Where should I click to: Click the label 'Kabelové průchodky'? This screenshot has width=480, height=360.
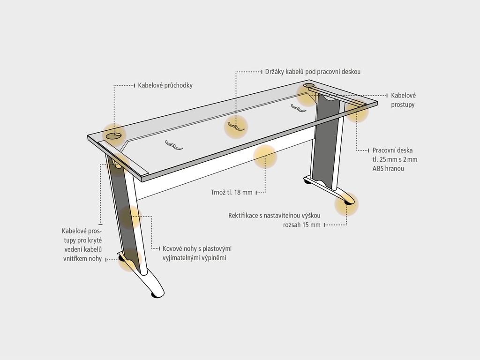click(x=165, y=85)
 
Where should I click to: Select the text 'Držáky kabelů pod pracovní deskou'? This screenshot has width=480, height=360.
click(x=313, y=72)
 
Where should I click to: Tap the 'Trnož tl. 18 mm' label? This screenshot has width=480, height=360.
click(x=232, y=192)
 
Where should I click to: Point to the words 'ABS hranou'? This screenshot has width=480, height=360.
click(x=388, y=169)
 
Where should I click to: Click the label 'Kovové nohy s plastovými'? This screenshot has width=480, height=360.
click(x=197, y=248)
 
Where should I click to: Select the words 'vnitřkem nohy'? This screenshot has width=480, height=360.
click(x=82, y=258)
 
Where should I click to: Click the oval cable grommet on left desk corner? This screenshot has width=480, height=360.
click(x=113, y=135)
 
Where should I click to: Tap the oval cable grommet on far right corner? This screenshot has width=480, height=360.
click(x=308, y=85)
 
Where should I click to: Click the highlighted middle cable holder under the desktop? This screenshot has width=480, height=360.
click(x=236, y=126)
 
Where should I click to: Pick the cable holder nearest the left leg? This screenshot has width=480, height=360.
click(x=174, y=145)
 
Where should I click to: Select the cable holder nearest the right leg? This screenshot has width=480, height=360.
click(x=299, y=108)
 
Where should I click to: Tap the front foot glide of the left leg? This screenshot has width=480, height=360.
click(x=157, y=295)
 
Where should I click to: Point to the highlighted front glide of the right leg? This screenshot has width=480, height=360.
click(x=348, y=202)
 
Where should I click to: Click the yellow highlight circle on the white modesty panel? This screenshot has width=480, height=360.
click(x=265, y=157)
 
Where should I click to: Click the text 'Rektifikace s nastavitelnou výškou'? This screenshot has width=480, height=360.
click(x=274, y=216)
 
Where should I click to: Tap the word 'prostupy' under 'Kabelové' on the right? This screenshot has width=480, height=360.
click(x=403, y=105)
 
